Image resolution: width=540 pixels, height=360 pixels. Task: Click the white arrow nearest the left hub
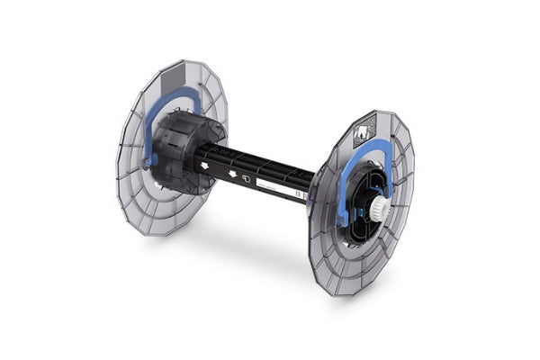pyautogui.click(x=205, y=165)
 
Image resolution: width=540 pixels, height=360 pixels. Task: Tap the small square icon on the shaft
pyautogui.click(x=243, y=177)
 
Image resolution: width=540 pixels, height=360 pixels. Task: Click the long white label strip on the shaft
pyautogui.click(x=274, y=187)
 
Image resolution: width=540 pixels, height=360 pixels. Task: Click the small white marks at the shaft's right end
pyautogui.click(x=301, y=193)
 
